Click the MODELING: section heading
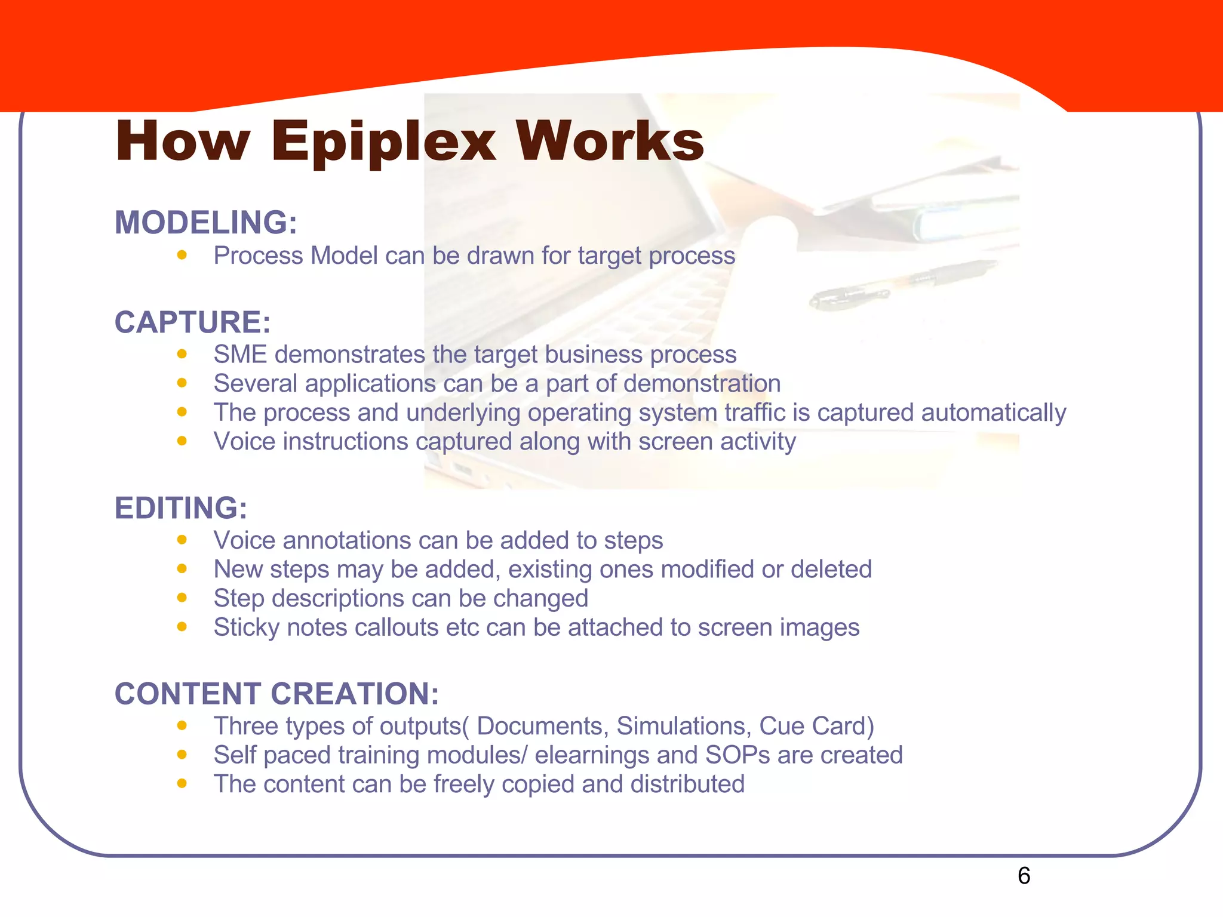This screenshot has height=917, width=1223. pyautogui.click(x=205, y=223)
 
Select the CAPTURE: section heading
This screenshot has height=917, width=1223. pyautogui.click(x=192, y=322)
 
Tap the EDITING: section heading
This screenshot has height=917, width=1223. pyautogui.click(x=180, y=508)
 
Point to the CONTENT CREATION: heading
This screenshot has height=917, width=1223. pyautogui.click(x=276, y=694)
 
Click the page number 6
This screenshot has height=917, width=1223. pyautogui.click(x=1024, y=876)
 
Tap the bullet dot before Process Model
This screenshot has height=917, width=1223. pyautogui.click(x=182, y=255)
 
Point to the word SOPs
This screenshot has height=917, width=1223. pyautogui.click(x=738, y=755)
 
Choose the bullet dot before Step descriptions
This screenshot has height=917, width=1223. pyautogui.click(x=182, y=598)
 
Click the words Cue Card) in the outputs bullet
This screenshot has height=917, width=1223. pyautogui.click(x=816, y=726)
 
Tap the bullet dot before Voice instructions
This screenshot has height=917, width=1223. pyautogui.click(x=182, y=441)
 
